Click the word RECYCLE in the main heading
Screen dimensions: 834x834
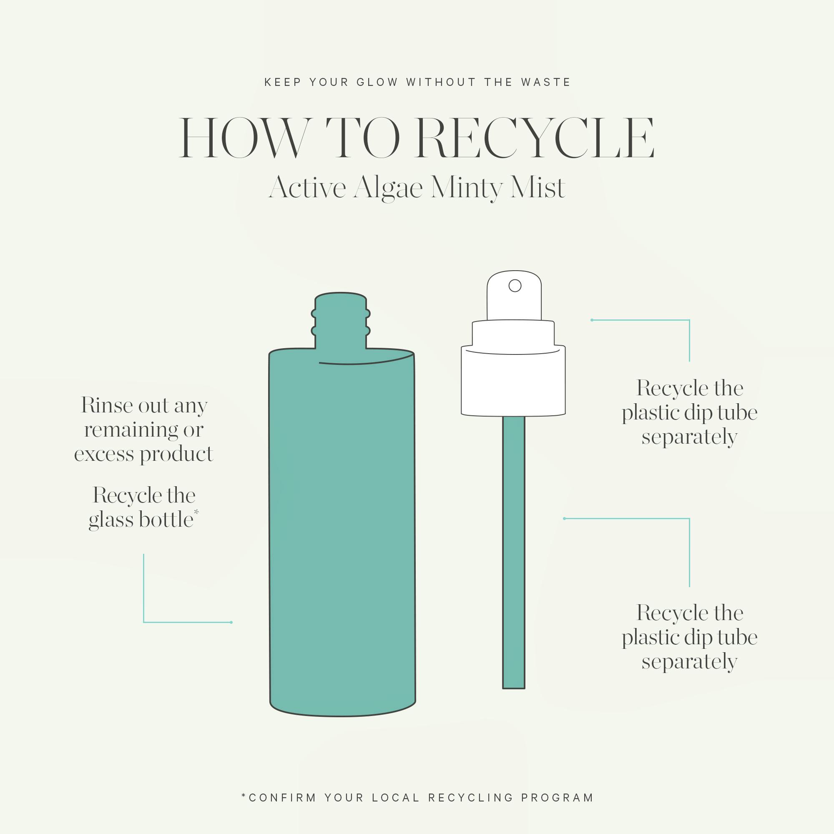point(535,138)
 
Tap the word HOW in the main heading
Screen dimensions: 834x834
point(245,138)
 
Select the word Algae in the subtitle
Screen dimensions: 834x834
point(388,188)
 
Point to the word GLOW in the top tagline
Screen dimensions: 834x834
point(377,82)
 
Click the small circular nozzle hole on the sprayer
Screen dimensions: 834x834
point(515,285)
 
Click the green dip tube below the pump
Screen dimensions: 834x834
point(513,552)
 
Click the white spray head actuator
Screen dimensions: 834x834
point(514,296)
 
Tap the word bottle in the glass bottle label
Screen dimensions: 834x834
point(166,519)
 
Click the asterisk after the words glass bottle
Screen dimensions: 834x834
point(196,512)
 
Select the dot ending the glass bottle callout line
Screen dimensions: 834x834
point(231,622)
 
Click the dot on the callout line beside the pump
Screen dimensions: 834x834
point(592,320)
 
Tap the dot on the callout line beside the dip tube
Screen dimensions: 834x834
point(565,518)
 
